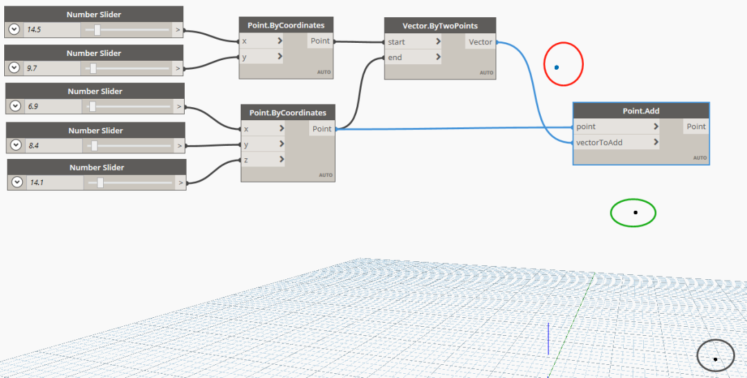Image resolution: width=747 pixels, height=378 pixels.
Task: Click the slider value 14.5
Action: tap(34, 30)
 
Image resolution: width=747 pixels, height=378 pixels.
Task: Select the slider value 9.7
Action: tap(32, 68)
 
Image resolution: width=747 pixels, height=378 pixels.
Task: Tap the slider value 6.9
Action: tap(33, 106)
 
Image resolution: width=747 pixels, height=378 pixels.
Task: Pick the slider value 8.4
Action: tap(33, 145)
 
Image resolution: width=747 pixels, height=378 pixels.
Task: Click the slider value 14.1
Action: tap(37, 182)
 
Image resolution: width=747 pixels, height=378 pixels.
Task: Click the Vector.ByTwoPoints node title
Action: tap(440, 26)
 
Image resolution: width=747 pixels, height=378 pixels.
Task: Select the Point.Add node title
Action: tap(641, 111)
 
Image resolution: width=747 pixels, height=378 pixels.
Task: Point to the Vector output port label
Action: tap(480, 42)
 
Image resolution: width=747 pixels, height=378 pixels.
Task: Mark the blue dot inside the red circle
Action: tap(556, 68)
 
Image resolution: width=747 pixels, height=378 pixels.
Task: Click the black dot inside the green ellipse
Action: tap(635, 212)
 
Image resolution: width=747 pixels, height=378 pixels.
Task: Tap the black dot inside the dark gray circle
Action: tap(715, 359)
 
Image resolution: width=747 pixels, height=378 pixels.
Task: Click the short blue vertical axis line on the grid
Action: tap(548, 339)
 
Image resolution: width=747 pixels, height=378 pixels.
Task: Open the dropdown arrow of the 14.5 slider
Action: tap(14, 30)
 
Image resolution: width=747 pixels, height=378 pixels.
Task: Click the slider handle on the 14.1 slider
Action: tap(100, 182)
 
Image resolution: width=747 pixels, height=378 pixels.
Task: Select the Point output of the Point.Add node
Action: tap(696, 126)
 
